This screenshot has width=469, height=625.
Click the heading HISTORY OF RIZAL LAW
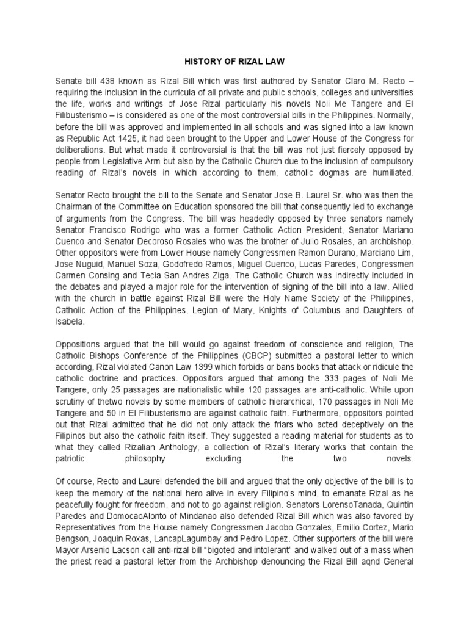(x=234, y=62)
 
